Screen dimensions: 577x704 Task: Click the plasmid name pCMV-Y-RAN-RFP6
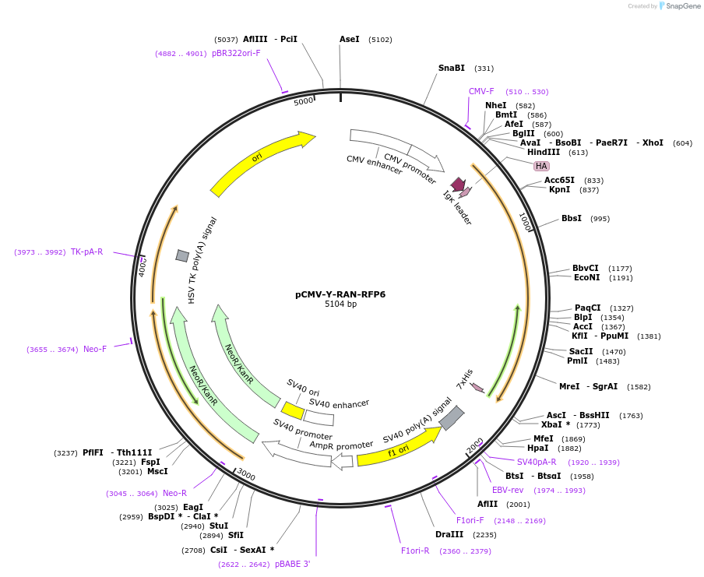[340, 294]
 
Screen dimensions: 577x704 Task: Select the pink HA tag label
[541, 166]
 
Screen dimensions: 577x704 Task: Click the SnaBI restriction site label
[452, 68]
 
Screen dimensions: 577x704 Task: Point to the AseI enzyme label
[350, 39]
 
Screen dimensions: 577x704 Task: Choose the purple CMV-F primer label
[481, 91]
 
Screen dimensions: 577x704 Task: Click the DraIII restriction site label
[449, 534]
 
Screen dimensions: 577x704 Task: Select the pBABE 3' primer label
[293, 564]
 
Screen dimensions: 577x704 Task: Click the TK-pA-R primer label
[86, 252]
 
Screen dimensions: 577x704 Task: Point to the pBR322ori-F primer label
[236, 53]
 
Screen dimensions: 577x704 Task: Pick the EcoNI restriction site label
[587, 277]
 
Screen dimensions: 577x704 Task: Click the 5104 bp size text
[340, 304]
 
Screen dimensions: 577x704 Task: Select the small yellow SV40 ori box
[293, 410]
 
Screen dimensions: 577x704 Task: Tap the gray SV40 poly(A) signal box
[452, 418]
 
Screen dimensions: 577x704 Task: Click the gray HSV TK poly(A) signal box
[182, 255]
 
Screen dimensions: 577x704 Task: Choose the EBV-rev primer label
[508, 490]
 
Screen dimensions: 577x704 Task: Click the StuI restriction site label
[219, 526]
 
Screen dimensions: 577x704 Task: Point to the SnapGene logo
[680, 6]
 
